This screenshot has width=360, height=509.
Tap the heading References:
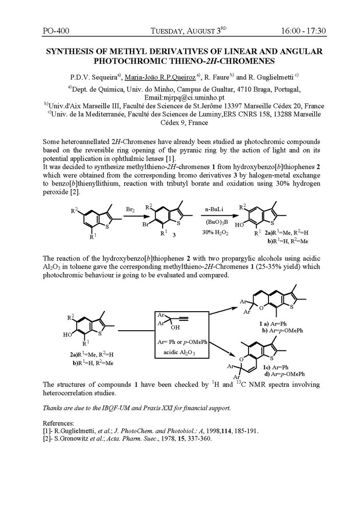59,424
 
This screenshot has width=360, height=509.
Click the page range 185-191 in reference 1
244,431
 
